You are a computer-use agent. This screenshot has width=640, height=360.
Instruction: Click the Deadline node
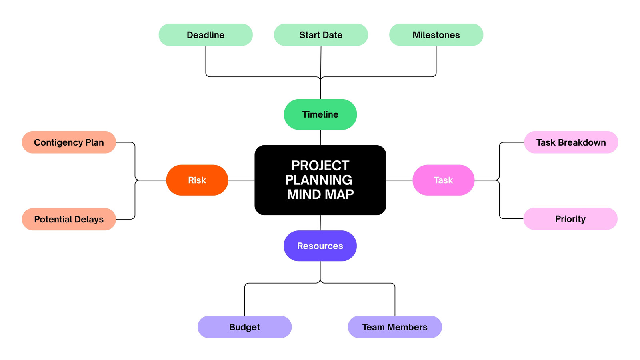(206, 35)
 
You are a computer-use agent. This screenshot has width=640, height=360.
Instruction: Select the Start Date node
(321, 35)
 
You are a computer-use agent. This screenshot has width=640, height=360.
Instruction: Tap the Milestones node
(436, 35)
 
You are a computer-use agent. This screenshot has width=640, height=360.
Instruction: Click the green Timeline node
(320, 114)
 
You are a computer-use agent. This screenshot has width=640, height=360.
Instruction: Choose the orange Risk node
(197, 180)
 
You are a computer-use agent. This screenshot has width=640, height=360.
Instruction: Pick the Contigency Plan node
(69, 142)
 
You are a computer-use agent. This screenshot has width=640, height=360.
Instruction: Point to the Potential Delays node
(69, 219)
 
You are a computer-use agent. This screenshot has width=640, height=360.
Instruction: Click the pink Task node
(444, 180)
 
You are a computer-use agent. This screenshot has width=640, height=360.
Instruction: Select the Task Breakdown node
(571, 142)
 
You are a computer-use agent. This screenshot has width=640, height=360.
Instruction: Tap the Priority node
(570, 219)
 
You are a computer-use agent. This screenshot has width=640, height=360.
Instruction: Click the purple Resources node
(320, 246)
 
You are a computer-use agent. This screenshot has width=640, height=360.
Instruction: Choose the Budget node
(244, 327)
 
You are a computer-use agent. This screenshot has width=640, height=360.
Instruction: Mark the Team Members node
(395, 327)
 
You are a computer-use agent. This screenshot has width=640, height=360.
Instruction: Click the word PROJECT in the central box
(320, 166)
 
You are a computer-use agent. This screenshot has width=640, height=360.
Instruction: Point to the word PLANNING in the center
(318, 180)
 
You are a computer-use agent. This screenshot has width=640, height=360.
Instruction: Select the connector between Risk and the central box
(242, 180)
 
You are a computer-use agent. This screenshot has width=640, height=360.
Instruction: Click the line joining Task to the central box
(400, 180)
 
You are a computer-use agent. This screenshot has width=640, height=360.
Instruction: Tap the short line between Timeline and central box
(320, 138)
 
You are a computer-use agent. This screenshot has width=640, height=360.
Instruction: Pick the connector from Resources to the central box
(320, 223)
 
